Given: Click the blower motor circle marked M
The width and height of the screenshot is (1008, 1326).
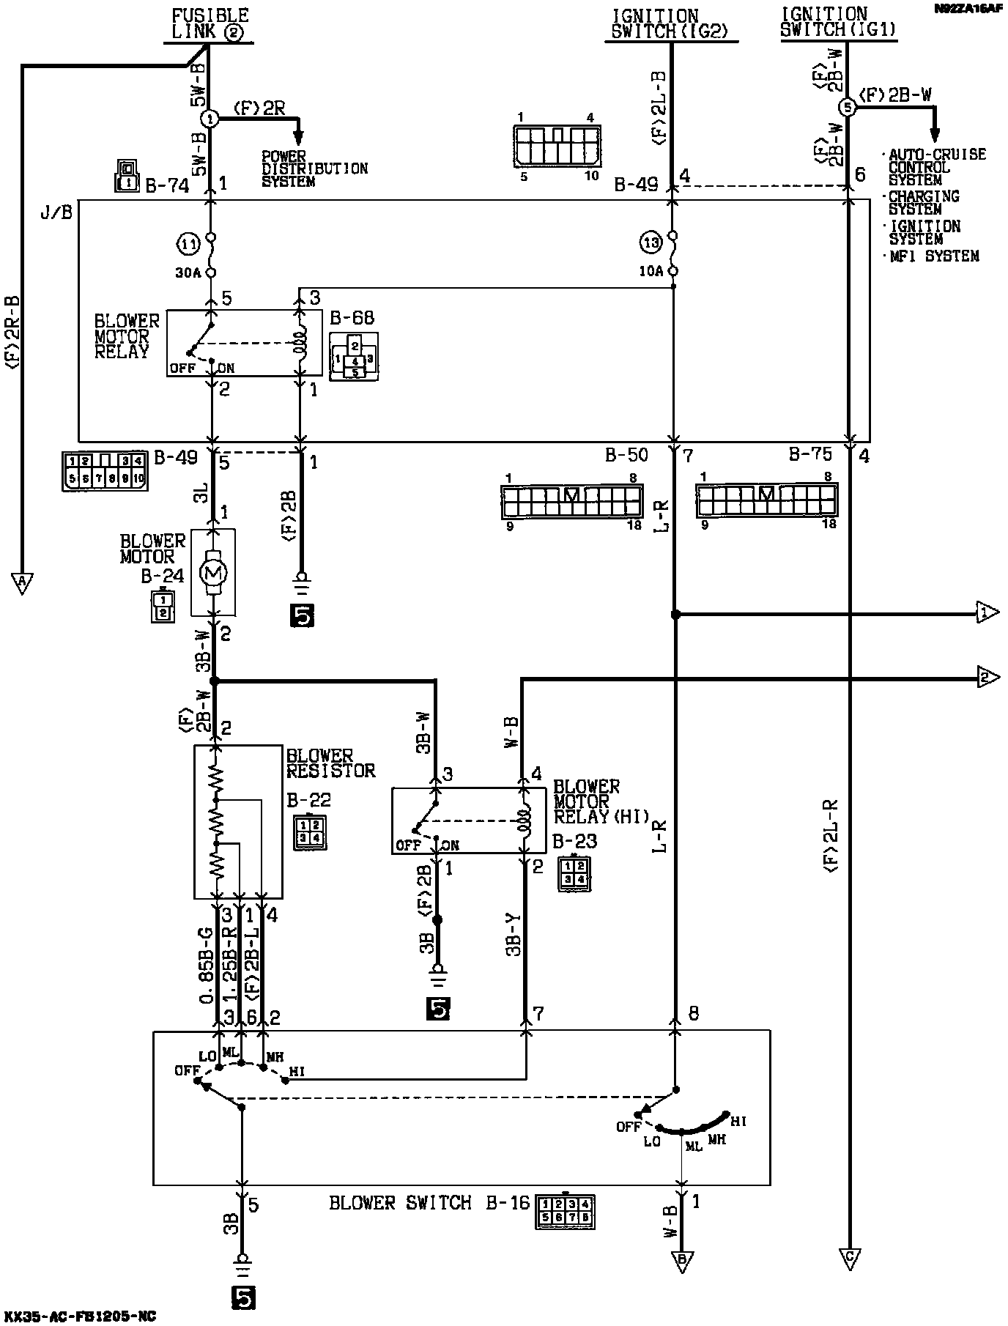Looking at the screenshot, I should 213,571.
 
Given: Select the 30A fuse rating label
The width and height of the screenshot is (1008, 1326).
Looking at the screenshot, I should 188,273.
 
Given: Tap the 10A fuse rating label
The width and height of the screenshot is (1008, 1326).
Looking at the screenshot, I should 651,271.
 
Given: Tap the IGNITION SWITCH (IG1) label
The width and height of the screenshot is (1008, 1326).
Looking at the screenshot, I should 838,22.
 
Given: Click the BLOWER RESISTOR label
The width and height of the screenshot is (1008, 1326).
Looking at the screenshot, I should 330,763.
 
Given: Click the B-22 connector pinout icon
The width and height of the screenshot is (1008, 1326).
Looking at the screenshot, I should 309,831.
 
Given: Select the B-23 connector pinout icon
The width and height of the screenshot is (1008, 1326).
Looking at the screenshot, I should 574,873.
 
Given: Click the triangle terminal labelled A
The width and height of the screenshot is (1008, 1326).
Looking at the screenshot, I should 22,582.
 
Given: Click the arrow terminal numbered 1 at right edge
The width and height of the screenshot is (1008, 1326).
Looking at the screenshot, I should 986,612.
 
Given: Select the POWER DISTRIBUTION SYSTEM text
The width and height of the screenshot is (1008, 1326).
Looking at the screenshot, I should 314,168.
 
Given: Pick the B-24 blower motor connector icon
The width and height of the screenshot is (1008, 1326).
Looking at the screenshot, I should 163,606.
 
